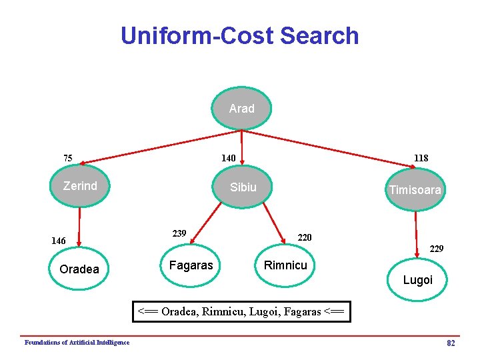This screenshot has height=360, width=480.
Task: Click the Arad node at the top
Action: [x=241, y=109]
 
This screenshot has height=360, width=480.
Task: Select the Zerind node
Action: [x=80, y=187]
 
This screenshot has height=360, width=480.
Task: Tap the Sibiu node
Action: [x=243, y=187]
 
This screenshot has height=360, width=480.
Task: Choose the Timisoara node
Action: [x=415, y=190]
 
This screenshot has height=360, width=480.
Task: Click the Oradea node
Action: [x=79, y=269]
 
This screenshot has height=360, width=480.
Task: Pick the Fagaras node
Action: [x=191, y=265]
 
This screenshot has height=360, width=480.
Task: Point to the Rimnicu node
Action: [x=285, y=265]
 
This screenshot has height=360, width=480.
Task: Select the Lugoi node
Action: [x=418, y=280]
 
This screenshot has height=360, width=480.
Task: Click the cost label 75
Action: [x=68, y=159]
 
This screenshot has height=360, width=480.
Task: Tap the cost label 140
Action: [x=229, y=159]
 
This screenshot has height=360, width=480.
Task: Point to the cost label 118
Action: [x=421, y=159]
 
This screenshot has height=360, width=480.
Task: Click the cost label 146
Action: [x=59, y=241]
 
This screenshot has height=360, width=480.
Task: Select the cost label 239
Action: [x=179, y=233]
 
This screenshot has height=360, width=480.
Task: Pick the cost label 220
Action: [x=304, y=237]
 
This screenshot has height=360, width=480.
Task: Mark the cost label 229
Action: [x=437, y=249]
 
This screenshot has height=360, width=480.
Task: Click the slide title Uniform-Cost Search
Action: [x=240, y=35]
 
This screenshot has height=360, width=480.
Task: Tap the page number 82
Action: [x=451, y=343]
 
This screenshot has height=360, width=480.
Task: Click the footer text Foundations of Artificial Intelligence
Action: [x=77, y=342]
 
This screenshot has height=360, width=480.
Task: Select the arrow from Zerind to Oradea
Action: [x=79, y=227]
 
